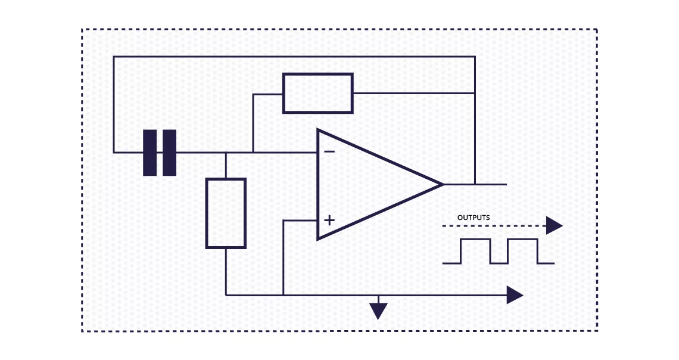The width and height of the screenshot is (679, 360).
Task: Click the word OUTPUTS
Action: point(474,218)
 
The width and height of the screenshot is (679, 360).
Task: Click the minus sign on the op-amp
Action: point(329,151)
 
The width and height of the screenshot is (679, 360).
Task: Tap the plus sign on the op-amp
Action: point(329,220)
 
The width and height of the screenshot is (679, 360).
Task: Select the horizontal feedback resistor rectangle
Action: point(318,93)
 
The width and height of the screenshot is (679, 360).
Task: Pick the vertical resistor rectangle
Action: point(226,213)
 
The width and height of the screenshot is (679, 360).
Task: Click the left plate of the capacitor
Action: point(150,153)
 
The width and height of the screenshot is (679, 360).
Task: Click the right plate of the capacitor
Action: point(169,153)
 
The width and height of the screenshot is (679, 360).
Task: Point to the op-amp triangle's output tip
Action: point(443,185)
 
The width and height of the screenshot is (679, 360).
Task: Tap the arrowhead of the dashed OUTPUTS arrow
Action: point(555,226)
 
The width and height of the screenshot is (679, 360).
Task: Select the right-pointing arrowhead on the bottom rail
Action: point(515,295)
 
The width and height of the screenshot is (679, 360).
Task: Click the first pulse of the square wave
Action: point(475,251)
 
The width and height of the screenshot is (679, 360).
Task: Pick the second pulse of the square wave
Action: point(523,251)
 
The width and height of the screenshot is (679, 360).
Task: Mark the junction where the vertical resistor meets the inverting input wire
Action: point(226,153)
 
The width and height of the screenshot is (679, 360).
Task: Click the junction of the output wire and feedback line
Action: point(475,185)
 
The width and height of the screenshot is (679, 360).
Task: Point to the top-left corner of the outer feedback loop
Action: point(114,57)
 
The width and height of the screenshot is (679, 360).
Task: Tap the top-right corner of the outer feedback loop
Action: point(475,57)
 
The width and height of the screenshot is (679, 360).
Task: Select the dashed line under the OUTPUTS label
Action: point(494,226)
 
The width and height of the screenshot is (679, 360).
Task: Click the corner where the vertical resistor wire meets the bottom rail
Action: point(226,295)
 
